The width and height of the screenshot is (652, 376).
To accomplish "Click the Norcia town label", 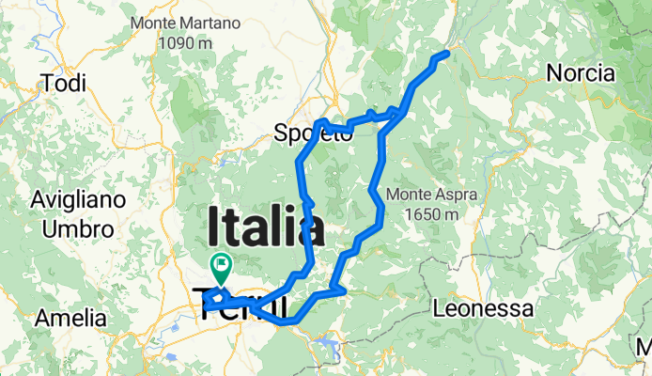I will coord(581,73).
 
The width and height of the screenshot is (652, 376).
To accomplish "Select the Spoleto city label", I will coord(313,134).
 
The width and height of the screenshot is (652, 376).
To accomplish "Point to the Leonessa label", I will coord(483,307).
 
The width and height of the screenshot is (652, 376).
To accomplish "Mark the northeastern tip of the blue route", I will coord(445,53).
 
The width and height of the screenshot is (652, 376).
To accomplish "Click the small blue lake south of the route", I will coord(331,350).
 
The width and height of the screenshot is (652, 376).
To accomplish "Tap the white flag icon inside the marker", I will coord(222,265).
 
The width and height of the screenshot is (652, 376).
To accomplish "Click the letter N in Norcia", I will coord(554,73).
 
